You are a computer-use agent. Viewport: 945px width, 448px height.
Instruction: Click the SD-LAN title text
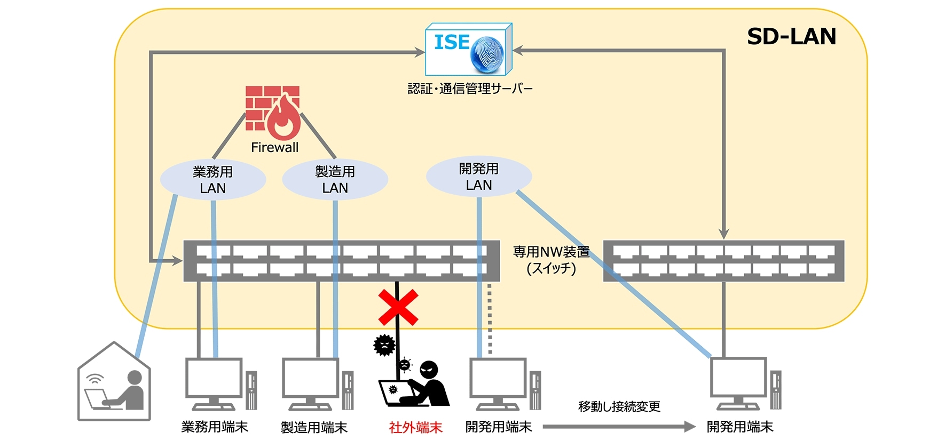click(791, 37)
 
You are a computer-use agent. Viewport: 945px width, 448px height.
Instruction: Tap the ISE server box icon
click(468, 50)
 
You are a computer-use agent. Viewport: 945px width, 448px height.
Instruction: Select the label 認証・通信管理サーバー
click(470, 89)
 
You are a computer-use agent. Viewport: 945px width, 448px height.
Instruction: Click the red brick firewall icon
click(272, 112)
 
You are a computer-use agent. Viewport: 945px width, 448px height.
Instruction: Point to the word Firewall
click(274, 147)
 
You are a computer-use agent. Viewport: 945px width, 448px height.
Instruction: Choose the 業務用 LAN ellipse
click(212, 180)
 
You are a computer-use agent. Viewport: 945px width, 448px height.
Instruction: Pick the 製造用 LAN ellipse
click(335, 180)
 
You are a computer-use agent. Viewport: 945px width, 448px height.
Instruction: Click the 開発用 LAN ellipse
click(478, 177)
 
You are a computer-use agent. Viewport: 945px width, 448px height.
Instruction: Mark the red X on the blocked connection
click(398, 308)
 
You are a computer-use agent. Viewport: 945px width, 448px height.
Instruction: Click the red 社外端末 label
click(415, 427)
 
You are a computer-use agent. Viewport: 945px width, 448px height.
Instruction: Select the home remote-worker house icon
click(114, 383)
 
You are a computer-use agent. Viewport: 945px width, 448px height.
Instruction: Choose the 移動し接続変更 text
click(619, 407)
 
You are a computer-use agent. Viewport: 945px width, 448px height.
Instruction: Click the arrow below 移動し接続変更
click(619, 427)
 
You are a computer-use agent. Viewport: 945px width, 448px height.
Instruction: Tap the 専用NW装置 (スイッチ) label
click(551, 260)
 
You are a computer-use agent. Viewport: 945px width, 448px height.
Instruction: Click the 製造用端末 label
click(314, 427)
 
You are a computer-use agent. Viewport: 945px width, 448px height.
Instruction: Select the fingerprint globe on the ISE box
click(487, 53)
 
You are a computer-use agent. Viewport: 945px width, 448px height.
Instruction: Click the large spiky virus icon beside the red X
click(384, 345)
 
